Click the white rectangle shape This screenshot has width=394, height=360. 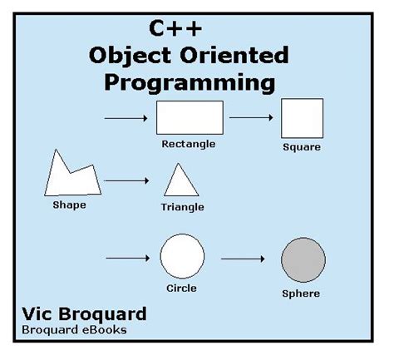190,117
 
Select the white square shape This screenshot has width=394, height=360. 302,118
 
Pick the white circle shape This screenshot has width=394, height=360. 182,256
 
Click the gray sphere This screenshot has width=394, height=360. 303,259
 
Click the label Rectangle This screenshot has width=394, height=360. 189,145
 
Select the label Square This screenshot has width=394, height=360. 302,147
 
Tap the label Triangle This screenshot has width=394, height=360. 183,207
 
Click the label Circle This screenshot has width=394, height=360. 181,288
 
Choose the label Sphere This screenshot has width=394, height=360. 301,293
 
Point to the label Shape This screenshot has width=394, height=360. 69,205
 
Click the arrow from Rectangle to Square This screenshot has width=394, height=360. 251,117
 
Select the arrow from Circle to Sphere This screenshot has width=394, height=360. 243,259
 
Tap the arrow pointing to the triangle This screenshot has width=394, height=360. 126,181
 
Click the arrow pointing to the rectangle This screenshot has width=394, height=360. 126,118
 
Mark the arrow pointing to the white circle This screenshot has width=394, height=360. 128,259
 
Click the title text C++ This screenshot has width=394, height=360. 175,28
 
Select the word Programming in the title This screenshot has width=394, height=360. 190,83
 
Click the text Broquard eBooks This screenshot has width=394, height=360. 74,330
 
